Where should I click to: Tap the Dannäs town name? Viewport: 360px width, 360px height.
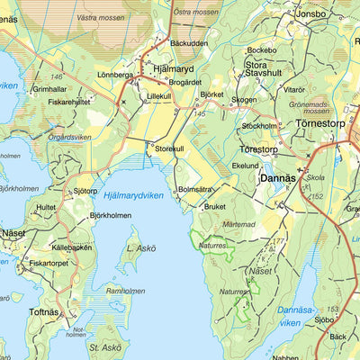(276, 178)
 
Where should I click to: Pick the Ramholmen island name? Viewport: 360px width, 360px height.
(125, 291)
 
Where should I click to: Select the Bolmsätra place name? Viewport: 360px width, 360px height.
(195, 189)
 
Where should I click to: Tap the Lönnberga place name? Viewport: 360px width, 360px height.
(115, 76)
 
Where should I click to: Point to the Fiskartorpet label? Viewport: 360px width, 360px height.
(49, 264)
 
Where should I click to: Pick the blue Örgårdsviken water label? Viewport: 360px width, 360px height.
(69, 138)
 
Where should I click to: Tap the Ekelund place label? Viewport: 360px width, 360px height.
(246, 166)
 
